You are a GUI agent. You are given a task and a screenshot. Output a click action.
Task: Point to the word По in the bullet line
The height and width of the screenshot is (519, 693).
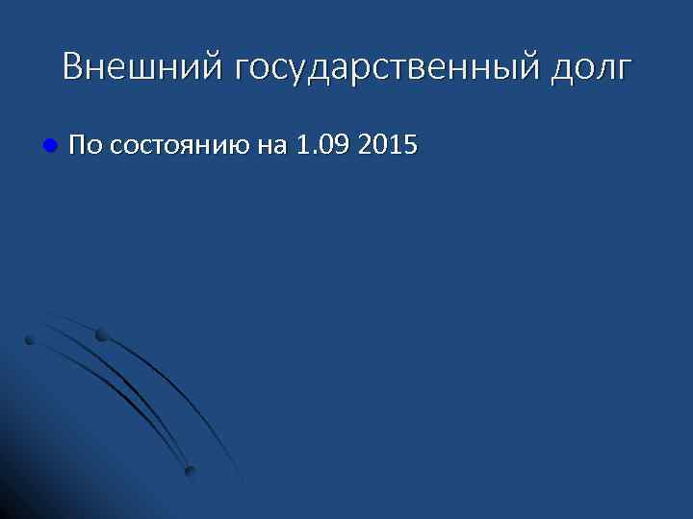pos(86,146)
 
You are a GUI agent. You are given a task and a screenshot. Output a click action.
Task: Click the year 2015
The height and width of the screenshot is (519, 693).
pos(386,146)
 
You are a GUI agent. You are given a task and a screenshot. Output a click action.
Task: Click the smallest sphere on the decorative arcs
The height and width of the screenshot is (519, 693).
pos(30,340)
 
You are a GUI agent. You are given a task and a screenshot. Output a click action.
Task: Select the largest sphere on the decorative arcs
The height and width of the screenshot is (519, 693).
pos(102,335)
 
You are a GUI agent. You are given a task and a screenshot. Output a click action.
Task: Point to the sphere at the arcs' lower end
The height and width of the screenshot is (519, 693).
pos(190,471)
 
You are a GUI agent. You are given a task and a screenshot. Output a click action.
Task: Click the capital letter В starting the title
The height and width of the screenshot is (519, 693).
pos(73,67)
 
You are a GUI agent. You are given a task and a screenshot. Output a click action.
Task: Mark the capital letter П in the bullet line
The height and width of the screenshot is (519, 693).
pos(78,146)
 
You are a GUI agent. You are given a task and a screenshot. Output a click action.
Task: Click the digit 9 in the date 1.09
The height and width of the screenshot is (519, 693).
pos(340,146)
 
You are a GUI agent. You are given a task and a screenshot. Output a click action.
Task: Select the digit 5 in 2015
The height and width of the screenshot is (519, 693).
pos(410,146)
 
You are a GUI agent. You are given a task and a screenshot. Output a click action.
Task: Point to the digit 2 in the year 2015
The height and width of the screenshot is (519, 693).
pos(363,146)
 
